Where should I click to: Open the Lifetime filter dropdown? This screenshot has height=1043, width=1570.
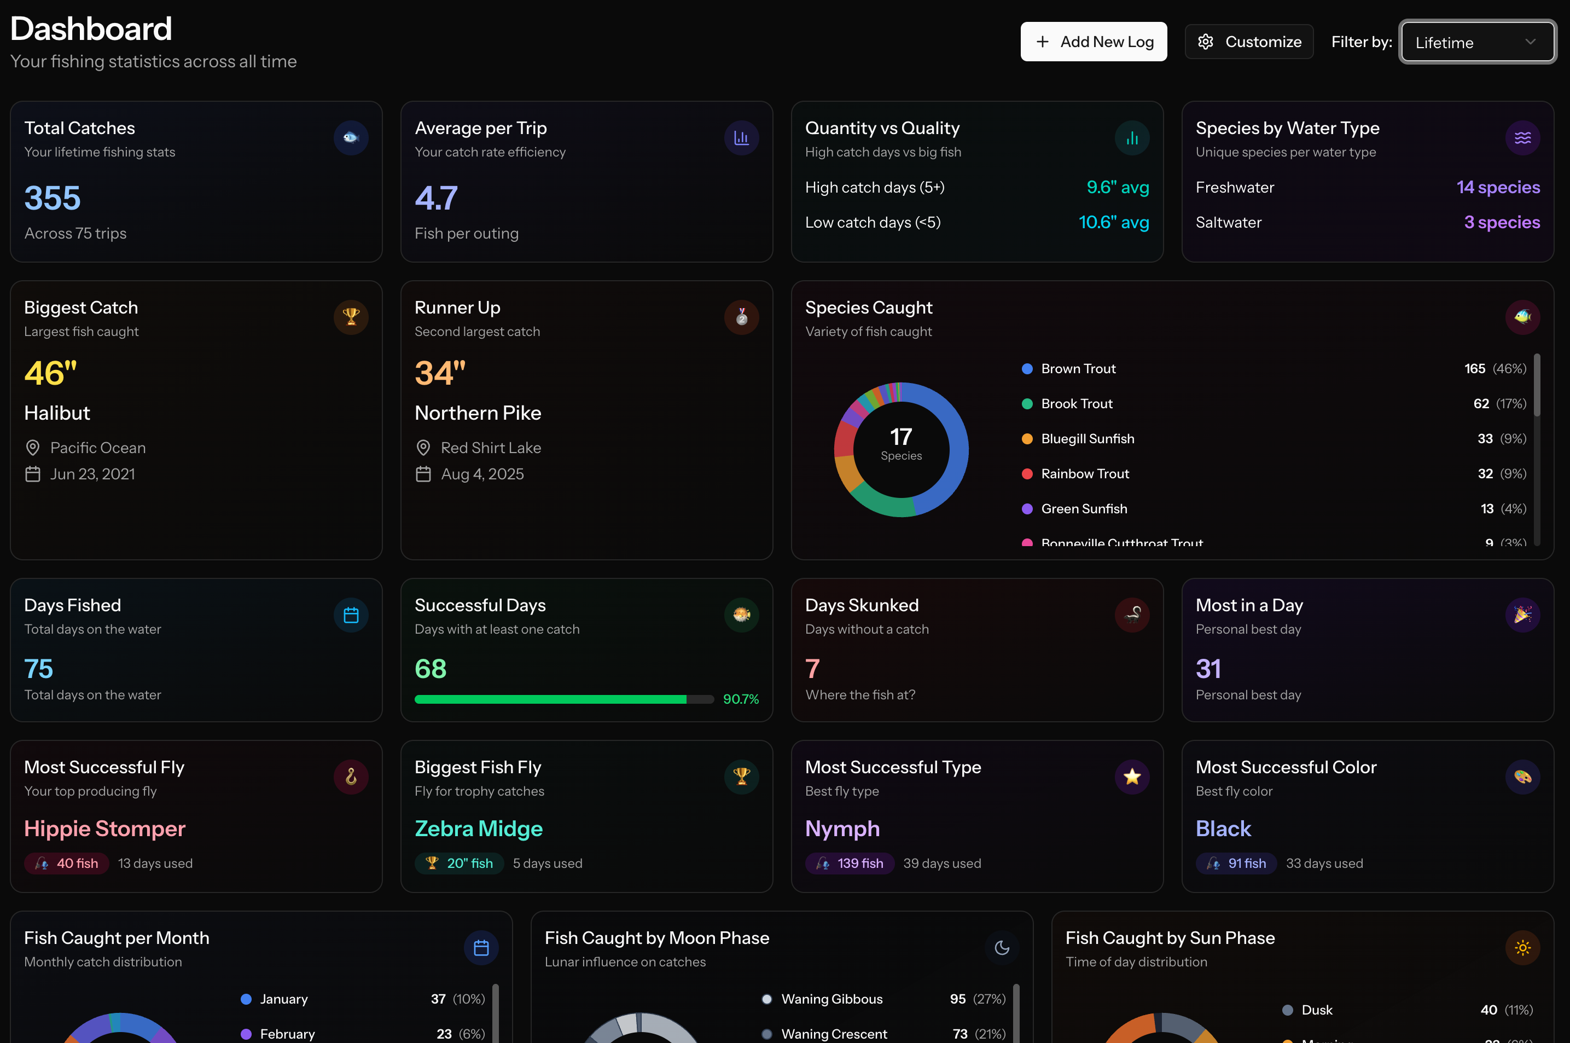coord(1476,43)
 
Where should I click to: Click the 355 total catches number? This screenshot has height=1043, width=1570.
coord(53,198)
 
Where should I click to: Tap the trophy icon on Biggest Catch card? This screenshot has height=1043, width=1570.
coord(351,317)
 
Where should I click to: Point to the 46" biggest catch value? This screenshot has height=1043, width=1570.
coord(50,373)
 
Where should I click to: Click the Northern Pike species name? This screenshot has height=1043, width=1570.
coord(478,413)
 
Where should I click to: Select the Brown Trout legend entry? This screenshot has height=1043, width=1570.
coord(1078,368)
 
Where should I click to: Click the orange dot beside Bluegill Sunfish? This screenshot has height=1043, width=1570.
coord(1027,439)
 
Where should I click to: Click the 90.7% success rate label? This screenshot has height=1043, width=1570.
coord(741,699)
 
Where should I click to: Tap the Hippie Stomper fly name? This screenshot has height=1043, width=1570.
coord(105,829)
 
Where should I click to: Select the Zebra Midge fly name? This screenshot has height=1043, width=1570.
coord(479,829)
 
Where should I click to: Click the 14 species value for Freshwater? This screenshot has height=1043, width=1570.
coord(1498,188)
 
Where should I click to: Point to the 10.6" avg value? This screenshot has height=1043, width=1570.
coord(1113,222)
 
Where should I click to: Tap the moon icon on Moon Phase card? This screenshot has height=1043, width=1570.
coord(1002,947)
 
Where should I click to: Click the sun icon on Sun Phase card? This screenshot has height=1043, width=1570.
coord(1522,947)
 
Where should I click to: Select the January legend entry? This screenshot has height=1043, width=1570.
coord(283,999)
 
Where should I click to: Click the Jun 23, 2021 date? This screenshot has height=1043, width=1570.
coord(92,474)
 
